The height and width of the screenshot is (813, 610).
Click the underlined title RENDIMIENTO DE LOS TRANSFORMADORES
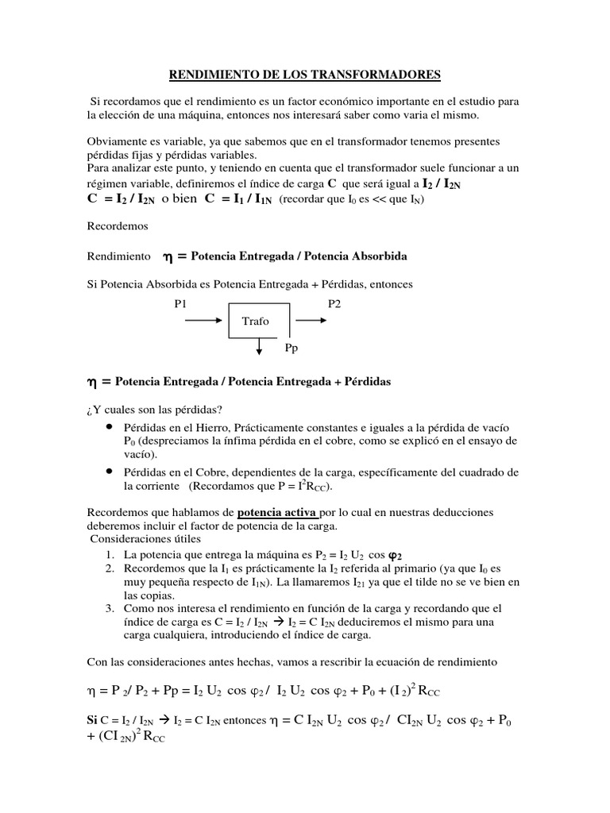pos(304,75)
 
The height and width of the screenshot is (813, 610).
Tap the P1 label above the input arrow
pos(183,304)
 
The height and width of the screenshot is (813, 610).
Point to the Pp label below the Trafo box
pos(291,349)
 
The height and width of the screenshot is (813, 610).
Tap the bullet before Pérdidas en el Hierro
pos(107,426)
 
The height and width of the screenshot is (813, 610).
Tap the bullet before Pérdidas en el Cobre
pos(107,470)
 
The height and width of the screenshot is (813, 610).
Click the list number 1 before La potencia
pos(108,554)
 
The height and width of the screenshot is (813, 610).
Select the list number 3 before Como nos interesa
pos(108,608)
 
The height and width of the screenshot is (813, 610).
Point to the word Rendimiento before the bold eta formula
pos(119,257)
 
